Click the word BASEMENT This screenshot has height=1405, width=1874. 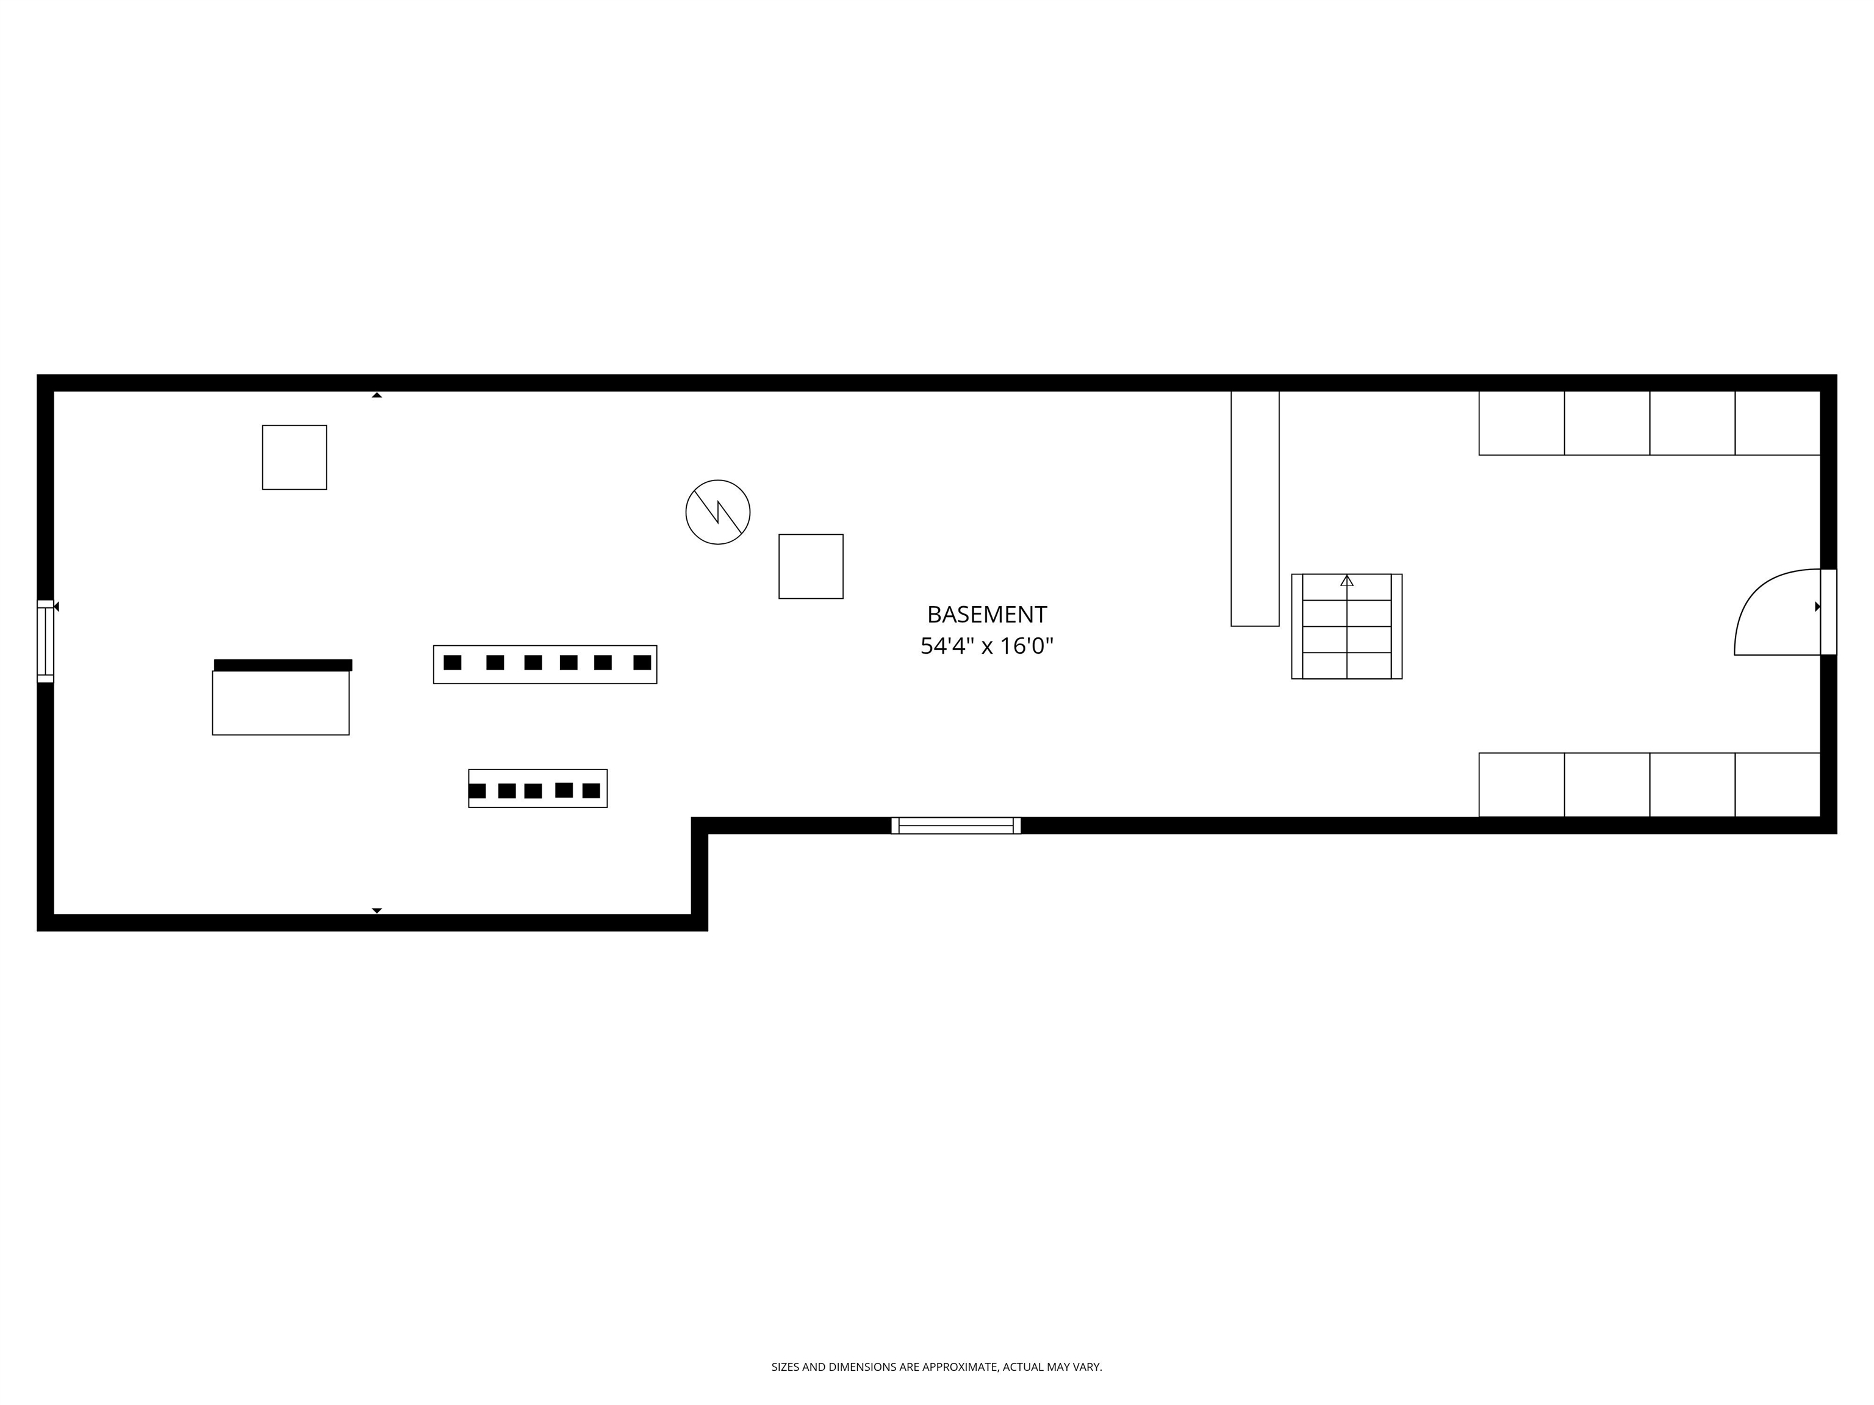point(986,615)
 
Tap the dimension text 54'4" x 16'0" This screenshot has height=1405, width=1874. point(986,647)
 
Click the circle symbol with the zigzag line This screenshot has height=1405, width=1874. point(717,512)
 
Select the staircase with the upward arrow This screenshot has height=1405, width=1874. point(1346,627)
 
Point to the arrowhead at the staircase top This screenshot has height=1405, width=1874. point(1347,581)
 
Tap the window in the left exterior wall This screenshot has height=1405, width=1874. point(46,641)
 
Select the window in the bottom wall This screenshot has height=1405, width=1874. point(956,826)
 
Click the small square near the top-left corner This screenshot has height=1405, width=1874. point(294,457)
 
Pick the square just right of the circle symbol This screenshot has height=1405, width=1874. point(811,567)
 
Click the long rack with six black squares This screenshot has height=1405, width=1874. point(545,665)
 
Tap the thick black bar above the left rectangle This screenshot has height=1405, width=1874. point(283,665)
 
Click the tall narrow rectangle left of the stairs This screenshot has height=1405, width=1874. point(1255,508)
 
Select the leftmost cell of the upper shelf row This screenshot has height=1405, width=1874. point(1521,423)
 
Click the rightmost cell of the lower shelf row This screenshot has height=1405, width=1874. point(1778,785)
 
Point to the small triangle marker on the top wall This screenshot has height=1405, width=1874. point(377,395)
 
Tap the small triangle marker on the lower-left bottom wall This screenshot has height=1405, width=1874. point(377,910)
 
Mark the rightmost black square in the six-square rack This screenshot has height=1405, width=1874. point(642,662)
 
